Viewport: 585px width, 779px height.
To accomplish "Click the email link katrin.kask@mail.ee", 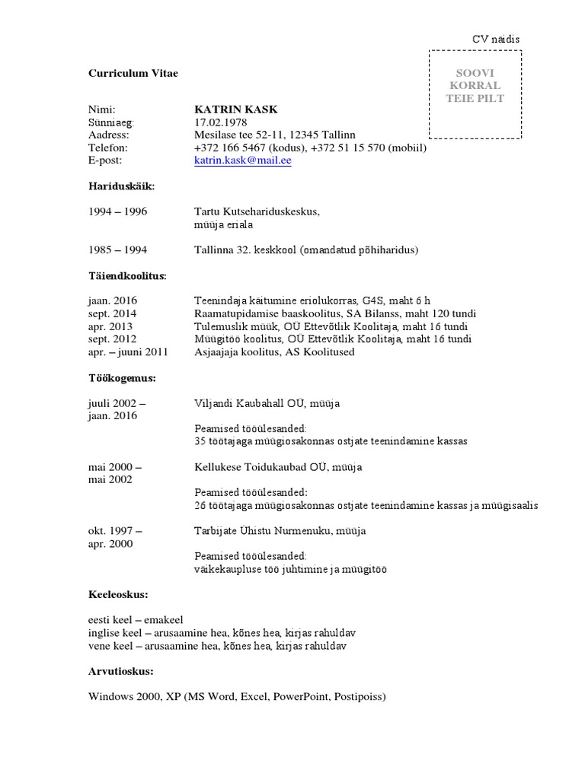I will point(243,161).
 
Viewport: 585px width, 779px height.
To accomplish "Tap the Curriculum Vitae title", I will point(133,73).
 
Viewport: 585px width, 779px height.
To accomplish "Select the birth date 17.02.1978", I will point(221,122).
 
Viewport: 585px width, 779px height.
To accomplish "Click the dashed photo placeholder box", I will point(475,94).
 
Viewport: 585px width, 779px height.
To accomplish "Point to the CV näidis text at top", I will point(496,39).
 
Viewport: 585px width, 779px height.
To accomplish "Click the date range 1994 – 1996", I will point(117,212).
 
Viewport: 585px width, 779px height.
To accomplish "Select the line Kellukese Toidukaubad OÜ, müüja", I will point(278,466).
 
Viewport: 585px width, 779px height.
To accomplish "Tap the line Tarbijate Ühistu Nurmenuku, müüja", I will point(280,530).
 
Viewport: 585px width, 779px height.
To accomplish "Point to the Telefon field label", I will point(108,148).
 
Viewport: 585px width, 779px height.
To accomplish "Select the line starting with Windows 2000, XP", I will point(237,696).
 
